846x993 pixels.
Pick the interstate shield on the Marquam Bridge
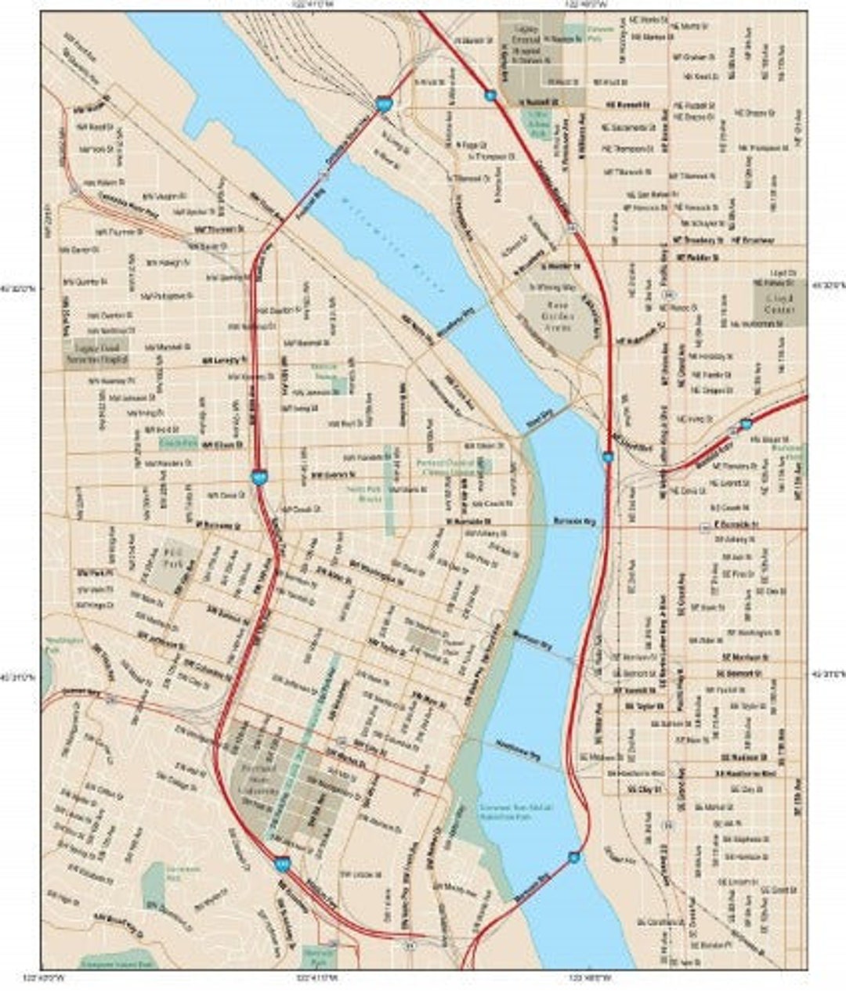pos(575,858)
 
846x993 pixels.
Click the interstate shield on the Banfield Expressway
pos(746,424)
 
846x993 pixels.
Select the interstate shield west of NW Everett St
pos(259,476)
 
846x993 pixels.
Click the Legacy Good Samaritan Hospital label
pos(96,350)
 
